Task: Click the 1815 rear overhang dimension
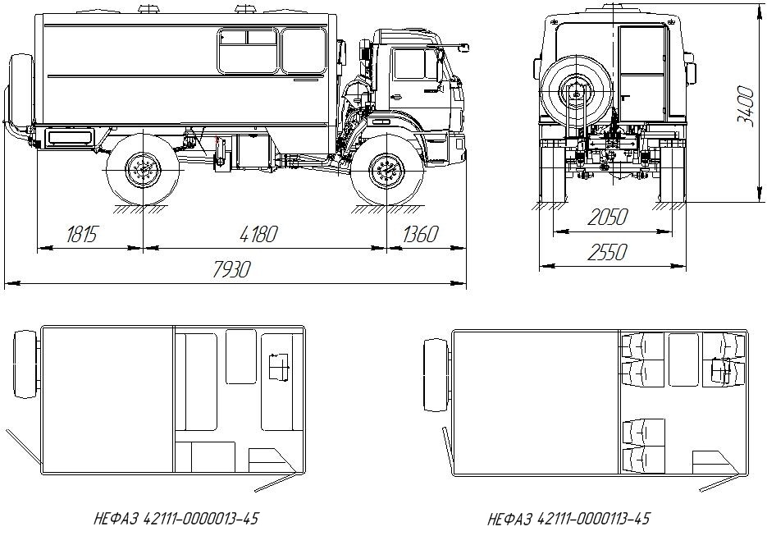(82, 235)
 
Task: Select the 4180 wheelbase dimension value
(258, 235)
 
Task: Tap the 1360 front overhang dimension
(420, 235)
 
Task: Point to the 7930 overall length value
(231, 269)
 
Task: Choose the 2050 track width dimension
(607, 218)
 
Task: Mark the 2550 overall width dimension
(607, 253)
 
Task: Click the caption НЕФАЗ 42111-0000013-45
(176, 519)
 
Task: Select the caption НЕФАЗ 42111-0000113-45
(568, 519)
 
